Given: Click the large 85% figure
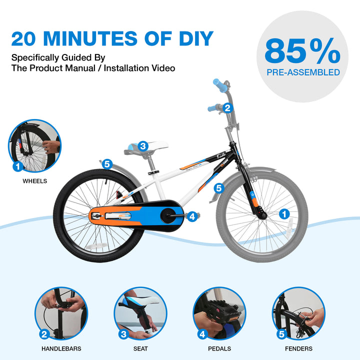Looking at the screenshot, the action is (302, 51).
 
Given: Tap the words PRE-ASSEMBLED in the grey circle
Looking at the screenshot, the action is (303, 72).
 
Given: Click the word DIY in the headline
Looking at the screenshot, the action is (196, 38).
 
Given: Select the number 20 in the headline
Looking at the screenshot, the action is (23, 38).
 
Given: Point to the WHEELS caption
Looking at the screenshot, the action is (34, 181).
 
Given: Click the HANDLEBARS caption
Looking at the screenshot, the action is (61, 349).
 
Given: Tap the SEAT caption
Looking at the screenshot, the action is (140, 349).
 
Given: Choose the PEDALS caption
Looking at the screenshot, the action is (219, 349).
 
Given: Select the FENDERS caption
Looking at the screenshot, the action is (298, 349).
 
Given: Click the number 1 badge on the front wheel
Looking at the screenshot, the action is (284, 214).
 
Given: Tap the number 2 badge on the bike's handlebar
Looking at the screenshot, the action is (227, 108).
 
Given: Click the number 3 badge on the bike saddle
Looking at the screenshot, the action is (143, 146).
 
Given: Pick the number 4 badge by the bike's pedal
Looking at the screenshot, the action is (192, 216).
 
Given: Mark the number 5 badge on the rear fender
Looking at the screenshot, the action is (107, 164).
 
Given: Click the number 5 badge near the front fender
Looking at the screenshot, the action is (219, 188).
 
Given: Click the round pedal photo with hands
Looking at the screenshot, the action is (219, 313).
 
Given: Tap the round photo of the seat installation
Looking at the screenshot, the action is (140, 313).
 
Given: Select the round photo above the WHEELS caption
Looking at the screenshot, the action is (34, 146).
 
